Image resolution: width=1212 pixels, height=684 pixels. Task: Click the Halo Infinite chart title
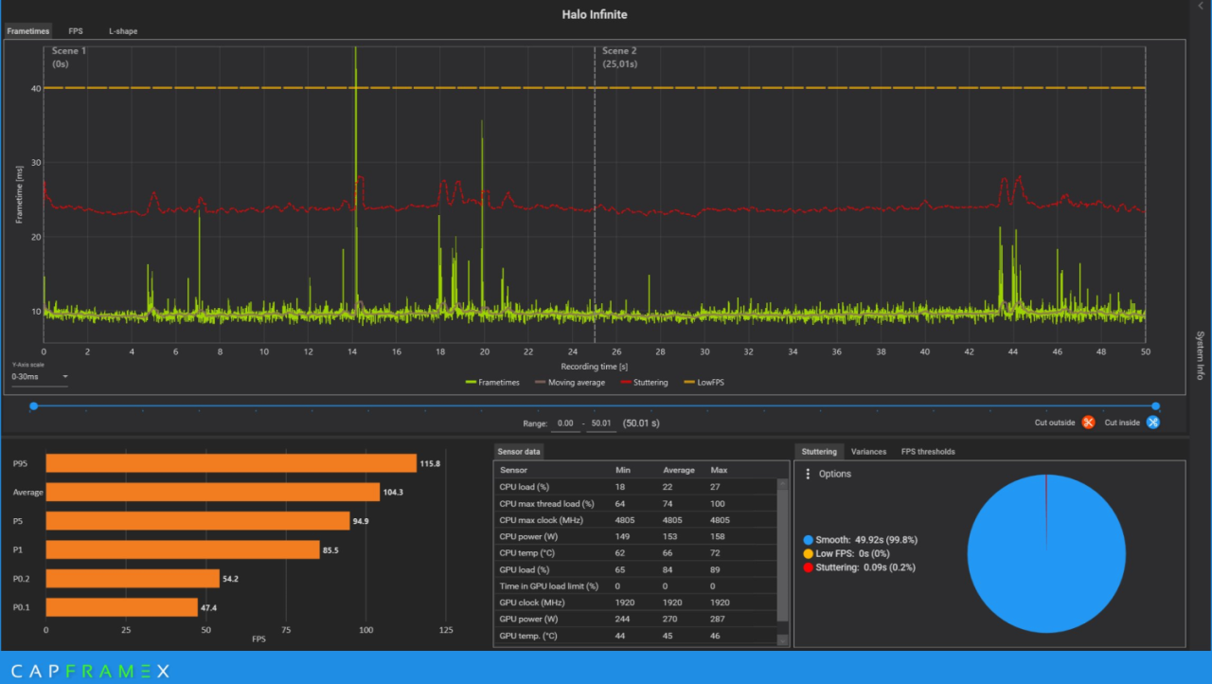pos(594,14)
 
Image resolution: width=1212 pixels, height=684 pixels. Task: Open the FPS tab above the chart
pos(75,31)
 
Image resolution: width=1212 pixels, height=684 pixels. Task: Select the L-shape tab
pos(123,31)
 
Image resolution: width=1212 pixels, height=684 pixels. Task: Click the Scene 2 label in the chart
pos(619,51)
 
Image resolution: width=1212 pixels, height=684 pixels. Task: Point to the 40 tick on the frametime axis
pos(36,88)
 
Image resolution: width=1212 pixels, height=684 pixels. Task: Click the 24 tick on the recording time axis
pos(573,351)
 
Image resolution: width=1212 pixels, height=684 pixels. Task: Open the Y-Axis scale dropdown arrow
pos(65,377)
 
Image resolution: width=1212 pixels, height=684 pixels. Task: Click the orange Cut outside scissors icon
pos(1088,423)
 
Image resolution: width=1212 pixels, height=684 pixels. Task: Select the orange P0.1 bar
pos(122,607)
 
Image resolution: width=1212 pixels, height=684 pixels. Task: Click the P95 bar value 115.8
pos(430,464)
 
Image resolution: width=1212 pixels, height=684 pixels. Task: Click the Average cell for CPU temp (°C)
pos(668,553)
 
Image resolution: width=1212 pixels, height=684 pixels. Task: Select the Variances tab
pos(868,452)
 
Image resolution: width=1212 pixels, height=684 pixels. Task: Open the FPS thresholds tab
pos(927,452)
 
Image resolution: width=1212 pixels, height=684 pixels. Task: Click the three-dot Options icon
pos(808,474)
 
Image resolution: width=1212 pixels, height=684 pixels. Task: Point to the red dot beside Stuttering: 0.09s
pos(808,567)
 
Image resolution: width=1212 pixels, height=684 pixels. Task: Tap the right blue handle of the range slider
pos(1156,405)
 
